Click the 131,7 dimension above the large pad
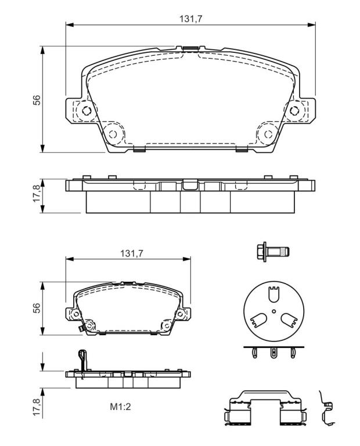pyautogui.click(x=190, y=19)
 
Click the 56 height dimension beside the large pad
pyautogui.click(x=37, y=100)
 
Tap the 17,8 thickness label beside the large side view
pyautogui.click(x=37, y=193)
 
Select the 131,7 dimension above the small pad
pyautogui.click(x=131, y=253)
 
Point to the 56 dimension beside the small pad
pyautogui.click(x=37, y=308)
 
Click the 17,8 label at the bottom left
pyautogui.click(x=37, y=407)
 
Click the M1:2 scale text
pyautogui.click(x=120, y=407)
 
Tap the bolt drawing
pyautogui.click(x=273, y=251)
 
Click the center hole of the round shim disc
pyautogui.click(x=273, y=311)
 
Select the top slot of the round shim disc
pyautogui.click(x=273, y=294)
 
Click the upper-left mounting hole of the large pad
pyautogui.click(x=86, y=110)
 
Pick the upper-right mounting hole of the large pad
pyautogui.click(x=294, y=110)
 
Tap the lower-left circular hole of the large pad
pyautogui.click(x=113, y=134)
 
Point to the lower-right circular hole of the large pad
pyautogui.click(x=268, y=134)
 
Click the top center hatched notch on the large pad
pyautogui.click(x=190, y=49)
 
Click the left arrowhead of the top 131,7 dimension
pyautogui.click(x=70, y=25)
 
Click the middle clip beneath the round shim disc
pyautogui.click(x=273, y=353)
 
